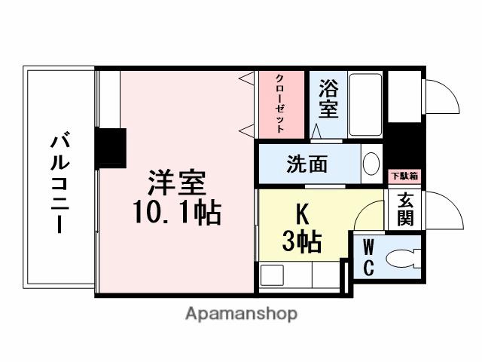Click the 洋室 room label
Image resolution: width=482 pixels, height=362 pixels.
(x=178, y=183)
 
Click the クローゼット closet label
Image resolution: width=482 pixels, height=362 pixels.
(x=279, y=104)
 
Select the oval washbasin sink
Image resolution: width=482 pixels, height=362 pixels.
(x=371, y=164)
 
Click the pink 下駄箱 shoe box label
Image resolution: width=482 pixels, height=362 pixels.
(x=404, y=176)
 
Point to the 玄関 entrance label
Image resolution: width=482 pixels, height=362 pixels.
(x=405, y=209)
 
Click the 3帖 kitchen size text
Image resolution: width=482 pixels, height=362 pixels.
(x=302, y=242)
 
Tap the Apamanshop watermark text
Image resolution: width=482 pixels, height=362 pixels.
(x=241, y=313)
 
